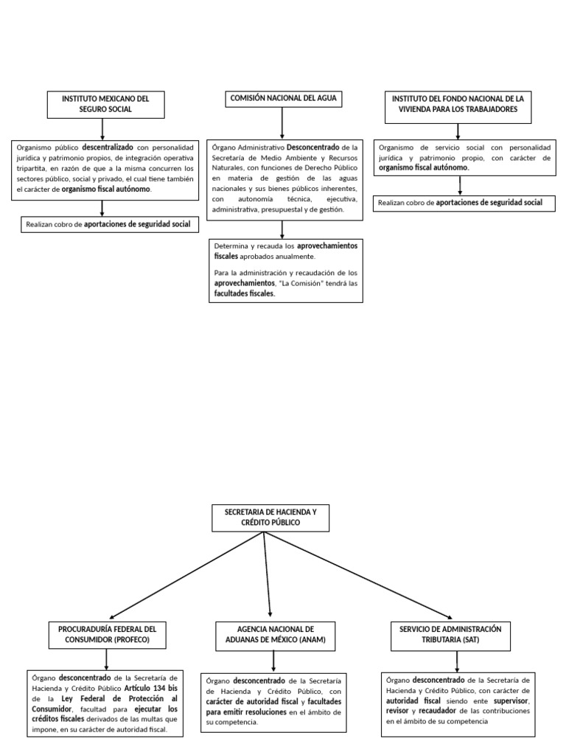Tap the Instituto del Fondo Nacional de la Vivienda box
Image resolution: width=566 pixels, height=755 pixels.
[458, 104]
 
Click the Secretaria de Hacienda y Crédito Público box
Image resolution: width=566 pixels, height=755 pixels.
[264, 518]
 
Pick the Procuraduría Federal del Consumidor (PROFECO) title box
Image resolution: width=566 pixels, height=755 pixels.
[108, 635]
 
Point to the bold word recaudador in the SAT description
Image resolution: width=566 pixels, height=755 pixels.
[439, 711]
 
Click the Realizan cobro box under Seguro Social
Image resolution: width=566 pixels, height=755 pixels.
[108, 224]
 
